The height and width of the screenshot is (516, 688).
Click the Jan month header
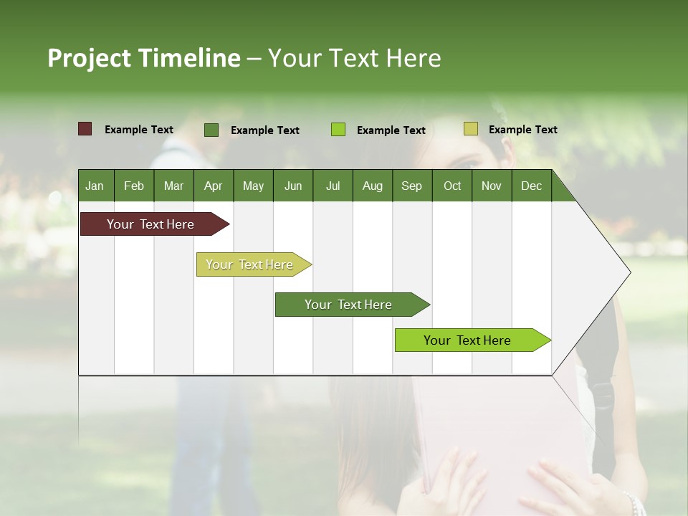tap(95, 186)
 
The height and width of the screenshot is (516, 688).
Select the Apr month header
tap(214, 186)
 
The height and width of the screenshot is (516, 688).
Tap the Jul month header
tap(333, 186)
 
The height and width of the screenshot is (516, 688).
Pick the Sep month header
tap(411, 186)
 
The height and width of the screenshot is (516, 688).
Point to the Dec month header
tap(531, 186)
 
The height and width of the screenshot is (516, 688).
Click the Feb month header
tap(134, 186)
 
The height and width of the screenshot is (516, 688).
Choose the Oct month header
tap(452, 186)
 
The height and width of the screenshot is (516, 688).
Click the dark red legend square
tap(85, 129)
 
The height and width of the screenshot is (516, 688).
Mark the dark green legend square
tap(211, 130)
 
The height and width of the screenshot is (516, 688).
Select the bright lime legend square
tap(338, 130)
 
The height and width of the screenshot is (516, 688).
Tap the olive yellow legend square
tap(471, 129)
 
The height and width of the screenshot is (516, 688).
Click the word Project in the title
tap(89, 58)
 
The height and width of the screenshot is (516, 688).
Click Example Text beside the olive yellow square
tap(522, 130)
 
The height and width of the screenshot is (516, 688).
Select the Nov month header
tap(491, 186)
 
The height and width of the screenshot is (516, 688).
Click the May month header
tap(253, 186)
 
